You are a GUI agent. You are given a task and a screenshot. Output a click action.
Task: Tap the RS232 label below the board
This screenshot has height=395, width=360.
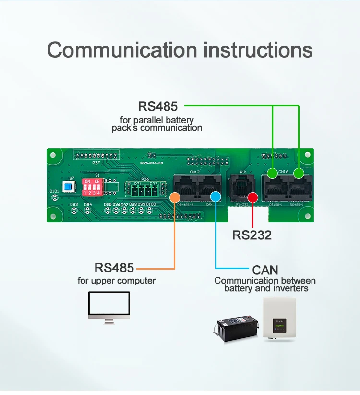[x=252, y=235]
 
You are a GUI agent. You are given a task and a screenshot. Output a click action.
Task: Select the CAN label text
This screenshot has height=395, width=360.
[x=265, y=270]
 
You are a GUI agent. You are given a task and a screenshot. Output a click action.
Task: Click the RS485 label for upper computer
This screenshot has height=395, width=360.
[x=114, y=268]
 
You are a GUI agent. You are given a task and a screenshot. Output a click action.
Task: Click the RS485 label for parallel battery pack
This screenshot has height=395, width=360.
[x=158, y=106]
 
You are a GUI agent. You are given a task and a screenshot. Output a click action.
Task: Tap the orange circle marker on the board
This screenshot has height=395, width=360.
[x=175, y=197]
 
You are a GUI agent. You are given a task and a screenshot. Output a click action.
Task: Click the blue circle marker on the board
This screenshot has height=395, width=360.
[x=216, y=196]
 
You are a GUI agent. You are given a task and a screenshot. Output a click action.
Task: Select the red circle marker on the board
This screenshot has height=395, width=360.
[x=252, y=197]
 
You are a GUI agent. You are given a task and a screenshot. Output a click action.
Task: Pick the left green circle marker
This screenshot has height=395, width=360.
[x=272, y=173]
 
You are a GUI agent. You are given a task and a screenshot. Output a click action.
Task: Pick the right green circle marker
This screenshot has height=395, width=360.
[x=299, y=173]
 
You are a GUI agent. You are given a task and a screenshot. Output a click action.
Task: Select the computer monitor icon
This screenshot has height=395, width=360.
[x=109, y=305]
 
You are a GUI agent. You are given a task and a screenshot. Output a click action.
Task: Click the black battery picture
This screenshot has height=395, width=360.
[x=235, y=327]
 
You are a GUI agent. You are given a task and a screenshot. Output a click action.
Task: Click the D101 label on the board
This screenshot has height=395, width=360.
[x=55, y=192]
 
